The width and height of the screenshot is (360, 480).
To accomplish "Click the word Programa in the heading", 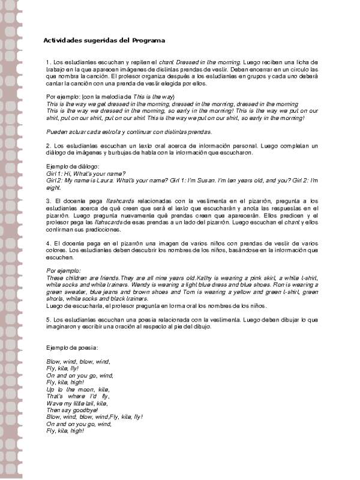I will [149, 40].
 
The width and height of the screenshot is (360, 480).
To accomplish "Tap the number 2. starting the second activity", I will [49, 146].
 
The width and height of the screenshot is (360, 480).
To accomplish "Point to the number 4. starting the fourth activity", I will [49, 242].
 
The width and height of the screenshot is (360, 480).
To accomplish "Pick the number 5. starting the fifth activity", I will [49, 320].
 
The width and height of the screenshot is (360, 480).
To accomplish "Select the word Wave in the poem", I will [53, 403].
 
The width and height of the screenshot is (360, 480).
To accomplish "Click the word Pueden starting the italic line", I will [56, 131].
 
